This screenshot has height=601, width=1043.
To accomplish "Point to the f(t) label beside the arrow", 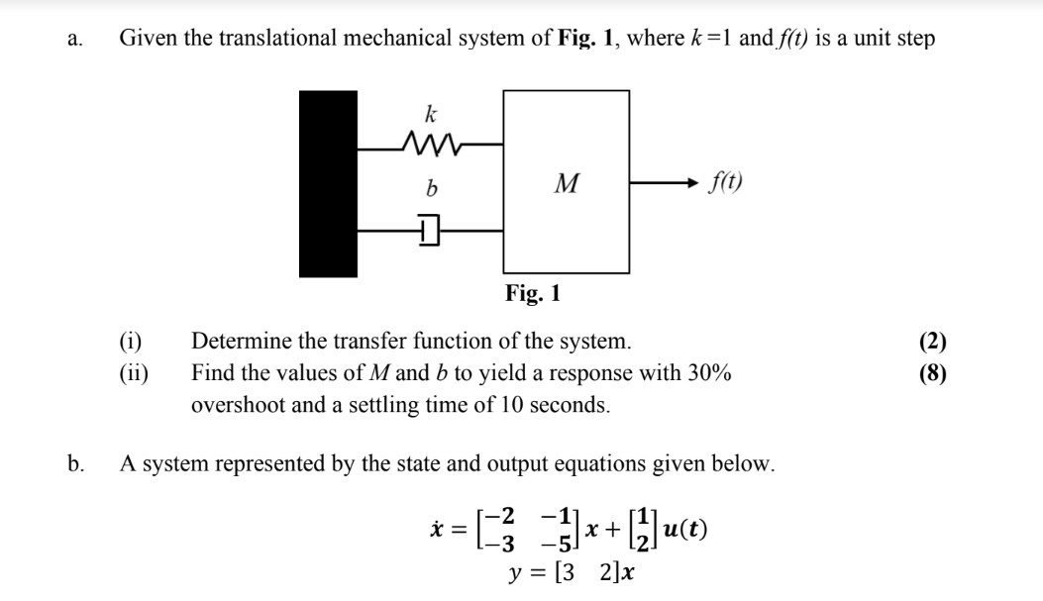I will click(727, 182).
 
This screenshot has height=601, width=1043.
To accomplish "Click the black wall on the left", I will click(329, 184).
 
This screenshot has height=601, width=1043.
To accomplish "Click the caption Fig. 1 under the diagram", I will click(532, 293).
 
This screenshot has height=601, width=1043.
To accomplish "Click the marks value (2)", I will click(932, 343).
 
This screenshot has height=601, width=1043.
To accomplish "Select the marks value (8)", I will click(932, 373).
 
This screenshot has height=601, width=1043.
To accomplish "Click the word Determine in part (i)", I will click(239, 343).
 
